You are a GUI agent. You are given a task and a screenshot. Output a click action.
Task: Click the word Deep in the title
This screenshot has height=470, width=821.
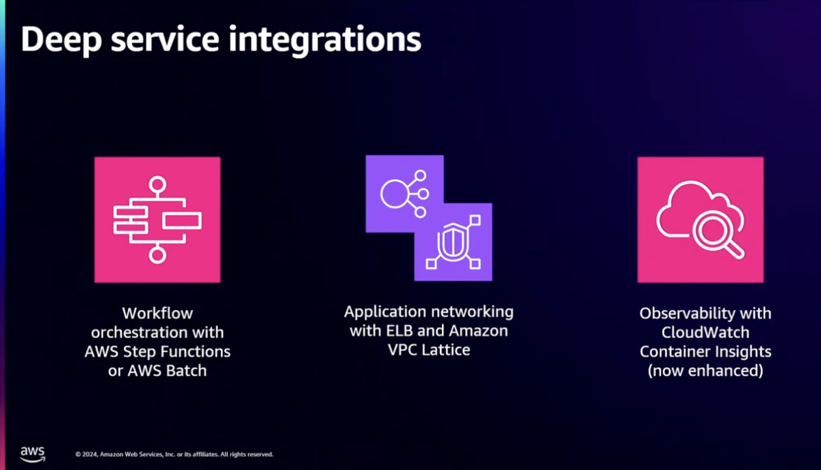point(62,40)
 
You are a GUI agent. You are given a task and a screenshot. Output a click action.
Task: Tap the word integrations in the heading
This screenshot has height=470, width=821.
point(325,40)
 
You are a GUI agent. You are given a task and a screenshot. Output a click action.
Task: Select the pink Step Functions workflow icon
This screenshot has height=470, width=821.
point(157,220)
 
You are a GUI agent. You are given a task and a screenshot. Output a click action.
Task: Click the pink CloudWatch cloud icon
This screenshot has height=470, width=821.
point(701,220)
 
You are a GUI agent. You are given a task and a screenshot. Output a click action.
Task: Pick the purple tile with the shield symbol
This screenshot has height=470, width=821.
point(454,243)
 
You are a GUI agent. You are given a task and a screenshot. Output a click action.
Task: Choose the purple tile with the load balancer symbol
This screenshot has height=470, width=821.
point(404,194)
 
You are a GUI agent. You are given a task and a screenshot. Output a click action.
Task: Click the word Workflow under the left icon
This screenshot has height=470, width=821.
point(157,313)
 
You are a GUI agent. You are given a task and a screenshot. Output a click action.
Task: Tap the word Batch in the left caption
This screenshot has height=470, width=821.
point(187,371)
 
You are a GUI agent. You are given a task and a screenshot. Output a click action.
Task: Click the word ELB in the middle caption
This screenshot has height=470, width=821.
point(399,331)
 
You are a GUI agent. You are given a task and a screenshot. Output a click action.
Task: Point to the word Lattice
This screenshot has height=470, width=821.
point(445,350)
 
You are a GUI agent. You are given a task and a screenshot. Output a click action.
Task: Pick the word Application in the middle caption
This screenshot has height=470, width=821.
point(385,313)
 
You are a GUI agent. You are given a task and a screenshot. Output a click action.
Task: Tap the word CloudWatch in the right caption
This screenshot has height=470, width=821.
point(705,332)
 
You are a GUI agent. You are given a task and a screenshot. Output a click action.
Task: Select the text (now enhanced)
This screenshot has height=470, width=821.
point(705,371)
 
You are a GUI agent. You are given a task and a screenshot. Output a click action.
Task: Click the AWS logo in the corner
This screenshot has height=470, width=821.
point(33,454)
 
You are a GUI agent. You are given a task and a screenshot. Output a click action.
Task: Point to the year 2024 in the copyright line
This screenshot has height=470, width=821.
point(90,454)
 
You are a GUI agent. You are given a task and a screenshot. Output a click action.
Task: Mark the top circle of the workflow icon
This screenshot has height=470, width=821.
point(157,185)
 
